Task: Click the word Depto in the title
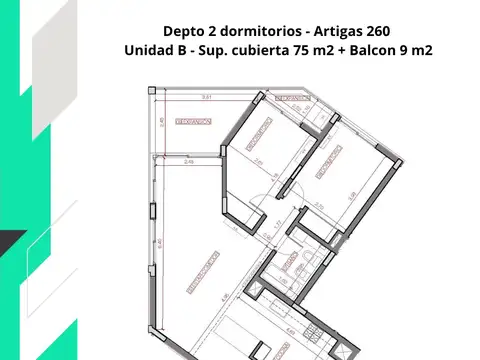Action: (x=183, y=30)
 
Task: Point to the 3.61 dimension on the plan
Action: (x=206, y=98)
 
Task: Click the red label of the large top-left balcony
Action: (x=193, y=121)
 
